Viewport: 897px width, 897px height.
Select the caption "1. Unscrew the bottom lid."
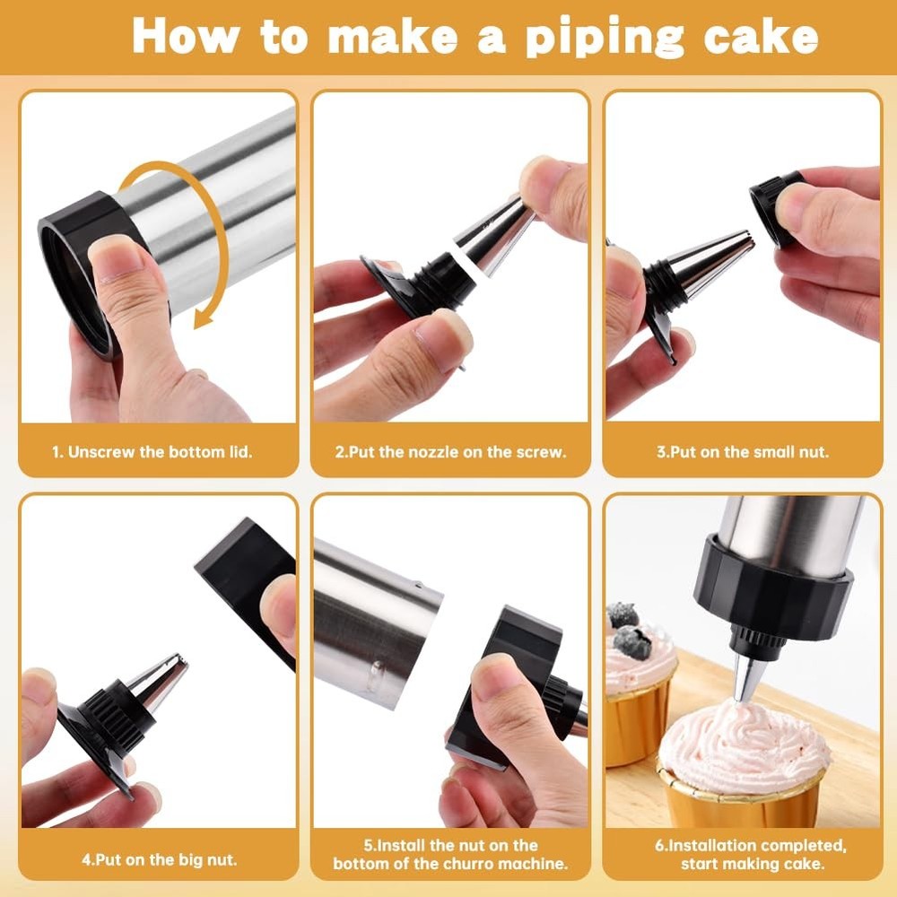click(160, 452)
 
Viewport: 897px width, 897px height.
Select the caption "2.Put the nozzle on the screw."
click(450, 452)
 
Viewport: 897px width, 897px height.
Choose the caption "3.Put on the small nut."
click(742, 452)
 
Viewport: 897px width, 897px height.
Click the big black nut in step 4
click(242, 565)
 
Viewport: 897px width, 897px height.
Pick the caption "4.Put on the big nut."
click(160, 858)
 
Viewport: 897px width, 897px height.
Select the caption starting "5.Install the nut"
click(450, 855)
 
